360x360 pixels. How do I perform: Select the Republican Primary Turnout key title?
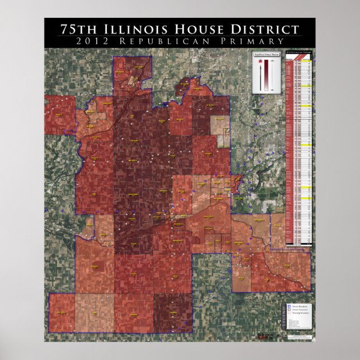[266, 54]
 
